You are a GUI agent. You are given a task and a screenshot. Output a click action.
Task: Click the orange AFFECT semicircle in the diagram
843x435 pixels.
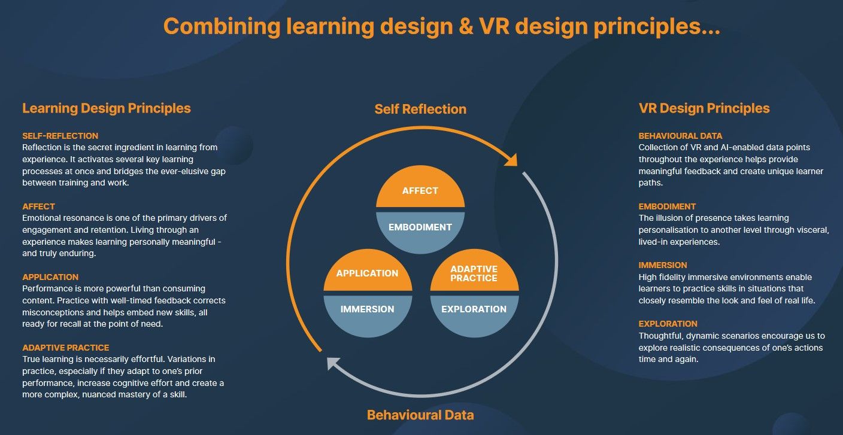[420, 190]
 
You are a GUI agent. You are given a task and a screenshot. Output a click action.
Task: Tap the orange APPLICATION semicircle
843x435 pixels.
[367, 273]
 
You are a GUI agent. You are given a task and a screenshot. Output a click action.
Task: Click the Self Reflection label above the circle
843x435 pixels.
[420, 109]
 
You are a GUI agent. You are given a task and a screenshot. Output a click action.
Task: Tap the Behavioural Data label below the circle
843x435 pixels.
[420, 415]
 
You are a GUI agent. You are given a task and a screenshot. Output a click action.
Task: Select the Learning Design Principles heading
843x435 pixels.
[107, 108]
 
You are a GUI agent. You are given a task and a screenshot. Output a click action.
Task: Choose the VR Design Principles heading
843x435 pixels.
[704, 108]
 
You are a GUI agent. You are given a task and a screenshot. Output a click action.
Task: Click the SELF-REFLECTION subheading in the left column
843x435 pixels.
[60, 136]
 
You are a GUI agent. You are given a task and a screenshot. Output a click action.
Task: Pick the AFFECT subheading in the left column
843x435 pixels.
[38, 206]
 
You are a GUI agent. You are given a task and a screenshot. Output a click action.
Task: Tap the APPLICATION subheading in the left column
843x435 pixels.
[50, 277]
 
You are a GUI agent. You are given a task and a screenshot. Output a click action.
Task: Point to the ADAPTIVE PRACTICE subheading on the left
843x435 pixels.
[65, 348]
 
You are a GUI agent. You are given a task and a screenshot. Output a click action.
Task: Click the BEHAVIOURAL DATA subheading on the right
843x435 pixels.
[680, 136]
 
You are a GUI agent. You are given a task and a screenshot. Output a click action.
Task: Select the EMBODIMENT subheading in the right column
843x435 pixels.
[667, 206]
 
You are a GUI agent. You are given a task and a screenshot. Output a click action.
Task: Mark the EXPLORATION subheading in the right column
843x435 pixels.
[668, 324]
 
